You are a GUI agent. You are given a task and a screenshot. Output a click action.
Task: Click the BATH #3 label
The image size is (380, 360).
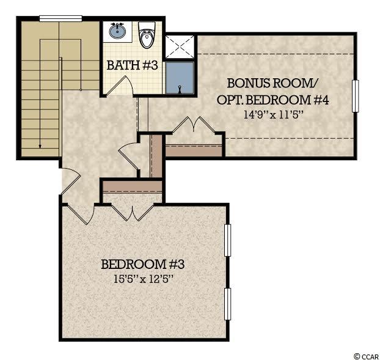133,65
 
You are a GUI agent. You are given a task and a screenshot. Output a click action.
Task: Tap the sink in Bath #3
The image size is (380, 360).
117,31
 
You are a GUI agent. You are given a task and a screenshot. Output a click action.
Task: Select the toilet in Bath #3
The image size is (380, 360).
147,35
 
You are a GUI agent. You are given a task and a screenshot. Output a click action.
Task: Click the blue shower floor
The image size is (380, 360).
180,78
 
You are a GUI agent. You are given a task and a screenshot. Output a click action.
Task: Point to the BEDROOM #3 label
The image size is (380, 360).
143,264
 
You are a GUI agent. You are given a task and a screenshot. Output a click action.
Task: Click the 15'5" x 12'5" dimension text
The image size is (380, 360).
144,279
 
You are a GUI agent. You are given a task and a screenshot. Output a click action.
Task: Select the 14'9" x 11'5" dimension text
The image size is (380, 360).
273,115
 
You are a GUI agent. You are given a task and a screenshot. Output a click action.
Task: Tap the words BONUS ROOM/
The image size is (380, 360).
272,83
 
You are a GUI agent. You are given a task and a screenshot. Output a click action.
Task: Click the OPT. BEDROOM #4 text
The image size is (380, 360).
272,100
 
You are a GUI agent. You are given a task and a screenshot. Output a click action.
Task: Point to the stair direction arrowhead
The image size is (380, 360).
40,146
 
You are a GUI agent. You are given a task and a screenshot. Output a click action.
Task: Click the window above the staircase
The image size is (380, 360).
60,18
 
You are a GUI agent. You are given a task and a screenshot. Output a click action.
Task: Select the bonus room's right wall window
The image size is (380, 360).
356,96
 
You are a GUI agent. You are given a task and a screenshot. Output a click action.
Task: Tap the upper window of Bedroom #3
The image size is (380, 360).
227,240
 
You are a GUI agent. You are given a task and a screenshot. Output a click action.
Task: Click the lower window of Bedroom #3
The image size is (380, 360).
227,304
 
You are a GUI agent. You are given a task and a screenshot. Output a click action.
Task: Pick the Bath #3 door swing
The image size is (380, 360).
120,86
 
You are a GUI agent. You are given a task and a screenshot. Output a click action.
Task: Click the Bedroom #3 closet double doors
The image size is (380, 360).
133,213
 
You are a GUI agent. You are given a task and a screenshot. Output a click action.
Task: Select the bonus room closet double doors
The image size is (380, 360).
194,125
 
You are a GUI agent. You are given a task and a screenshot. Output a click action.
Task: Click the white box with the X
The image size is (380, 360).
180,46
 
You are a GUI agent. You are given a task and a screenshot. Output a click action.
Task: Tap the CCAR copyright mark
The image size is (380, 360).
366,356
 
